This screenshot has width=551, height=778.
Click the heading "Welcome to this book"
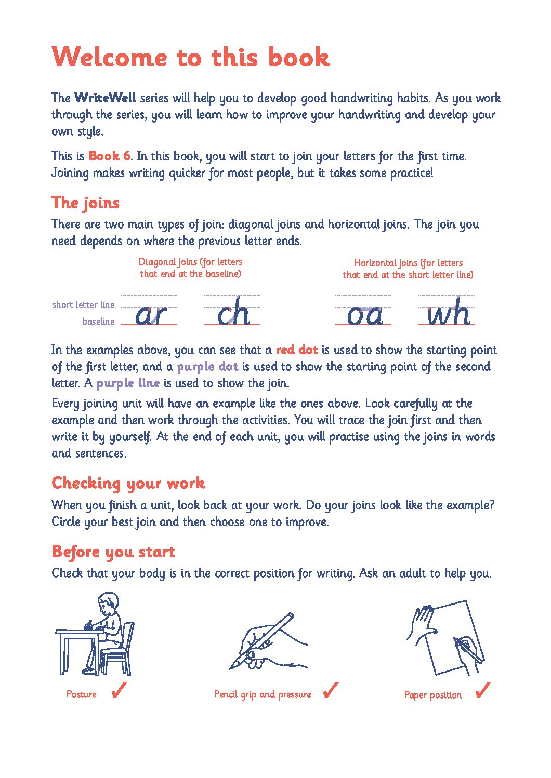coord(190,57)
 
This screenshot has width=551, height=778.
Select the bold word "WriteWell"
coord(105,98)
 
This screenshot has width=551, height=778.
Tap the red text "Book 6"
coord(110,156)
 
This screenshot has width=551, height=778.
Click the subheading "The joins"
coord(86,203)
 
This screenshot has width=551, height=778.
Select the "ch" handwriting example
coord(233,311)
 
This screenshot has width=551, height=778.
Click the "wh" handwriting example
coord(449,311)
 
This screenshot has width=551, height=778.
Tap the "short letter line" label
coord(84,304)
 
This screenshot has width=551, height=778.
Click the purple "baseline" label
coord(98,321)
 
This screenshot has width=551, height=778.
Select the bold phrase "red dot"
coord(297,350)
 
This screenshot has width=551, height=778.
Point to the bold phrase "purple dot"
coord(207,367)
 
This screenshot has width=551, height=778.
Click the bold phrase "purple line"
coord(128,383)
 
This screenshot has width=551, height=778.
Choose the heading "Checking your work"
coord(128,484)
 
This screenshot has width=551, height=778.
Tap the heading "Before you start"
coord(113,552)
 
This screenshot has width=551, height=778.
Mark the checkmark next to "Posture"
coord(119,690)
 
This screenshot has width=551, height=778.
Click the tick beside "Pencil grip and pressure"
coord(331,690)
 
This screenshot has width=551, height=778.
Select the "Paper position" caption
coord(433,695)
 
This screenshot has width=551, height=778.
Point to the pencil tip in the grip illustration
coord(231,668)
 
